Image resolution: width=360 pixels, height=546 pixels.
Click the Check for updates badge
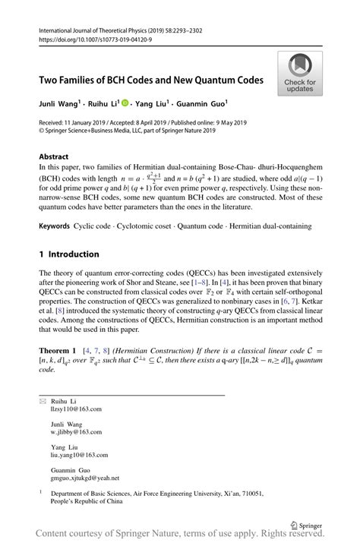pos(300,74)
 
